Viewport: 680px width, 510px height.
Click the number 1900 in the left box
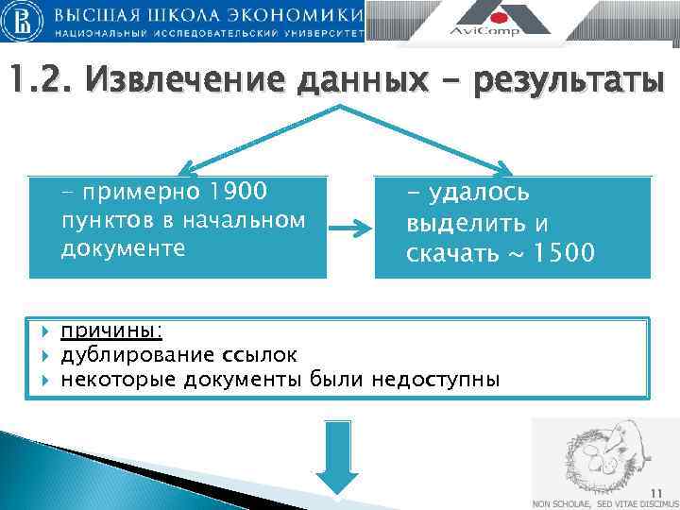point(240,193)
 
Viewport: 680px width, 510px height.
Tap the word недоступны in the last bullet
point(436,380)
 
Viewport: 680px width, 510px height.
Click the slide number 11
point(657,489)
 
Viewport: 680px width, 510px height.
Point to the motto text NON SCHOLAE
point(563,502)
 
